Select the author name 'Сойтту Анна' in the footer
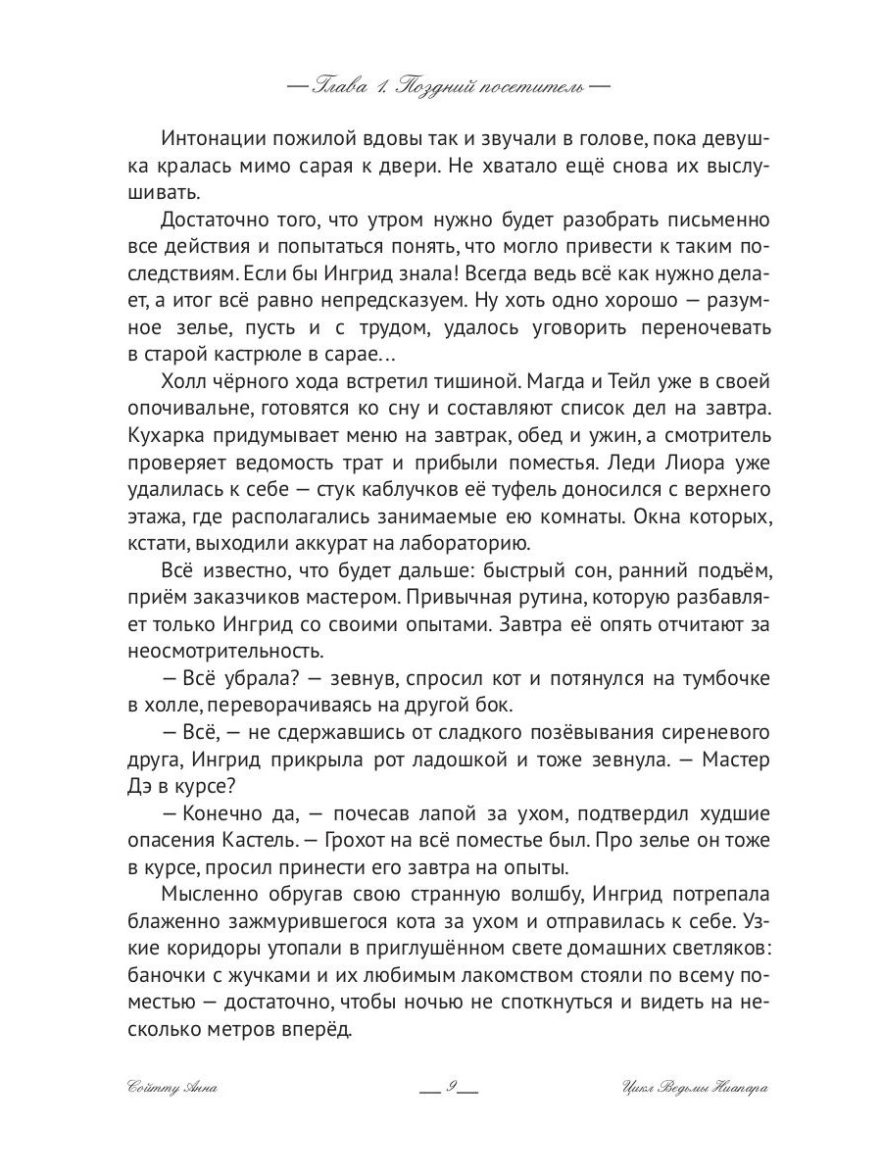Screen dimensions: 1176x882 click(170, 1088)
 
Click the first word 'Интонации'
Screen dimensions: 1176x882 click(212, 140)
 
